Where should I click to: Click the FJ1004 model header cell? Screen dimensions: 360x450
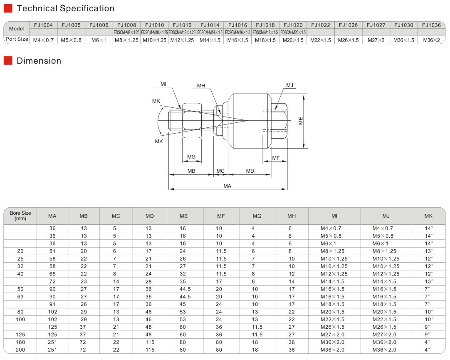pyautogui.click(x=43, y=25)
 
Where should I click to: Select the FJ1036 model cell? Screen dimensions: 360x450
pyautogui.click(x=431, y=25)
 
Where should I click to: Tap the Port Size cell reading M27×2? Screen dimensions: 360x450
pyautogui.click(x=376, y=40)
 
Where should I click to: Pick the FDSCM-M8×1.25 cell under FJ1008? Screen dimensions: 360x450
pyautogui.click(x=126, y=32)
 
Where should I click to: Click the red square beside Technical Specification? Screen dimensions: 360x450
pyautogui.click(x=8, y=8)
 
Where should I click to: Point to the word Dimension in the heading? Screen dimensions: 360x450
pyautogui.click(x=39, y=61)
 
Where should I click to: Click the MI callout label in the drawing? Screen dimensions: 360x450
pyautogui.click(x=164, y=84)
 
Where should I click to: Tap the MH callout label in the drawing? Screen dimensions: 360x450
pyautogui.click(x=201, y=86)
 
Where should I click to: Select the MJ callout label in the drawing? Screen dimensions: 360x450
pyautogui.click(x=289, y=85)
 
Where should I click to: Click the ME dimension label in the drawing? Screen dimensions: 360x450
pyautogui.click(x=301, y=121)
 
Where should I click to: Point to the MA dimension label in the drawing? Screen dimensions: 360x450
pyautogui.click(x=227, y=186)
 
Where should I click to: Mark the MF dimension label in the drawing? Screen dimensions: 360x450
pyautogui.click(x=276, y=158)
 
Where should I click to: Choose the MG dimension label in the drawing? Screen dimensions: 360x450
pyautogui.click(x=191, y=157)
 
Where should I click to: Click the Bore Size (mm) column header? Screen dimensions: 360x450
pyautogui.click(x=20, y=216)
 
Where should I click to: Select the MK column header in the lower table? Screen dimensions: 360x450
pyautogui.click(x=428, y=216)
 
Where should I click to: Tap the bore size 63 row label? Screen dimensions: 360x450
pyautogui.click(x=20, y=297)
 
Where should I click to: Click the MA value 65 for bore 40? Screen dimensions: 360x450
pyautogui.click(x=52, y=274)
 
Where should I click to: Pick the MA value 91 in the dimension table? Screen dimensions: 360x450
pyautogui.click(x=52, y=304)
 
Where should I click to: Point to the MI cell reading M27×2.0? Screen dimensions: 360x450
pyautogui.click(x=332, y=335)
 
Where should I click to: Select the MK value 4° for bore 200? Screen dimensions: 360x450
pyautogui.click(x=428, y=350)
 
